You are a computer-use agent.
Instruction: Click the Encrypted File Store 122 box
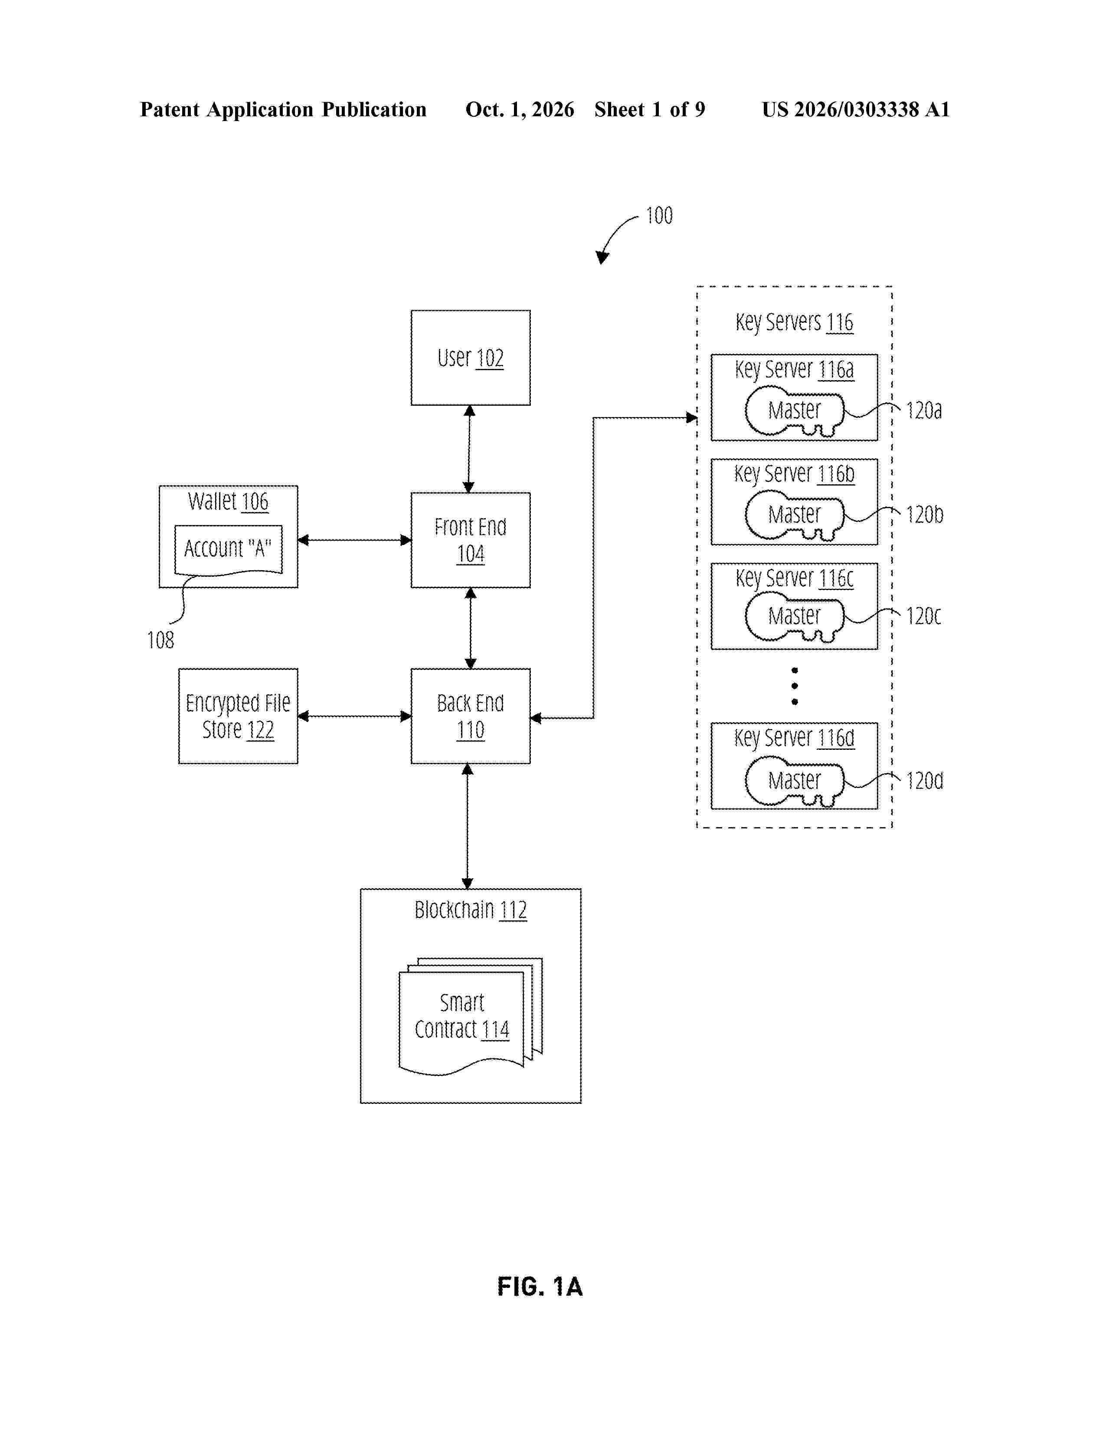click(238, 716)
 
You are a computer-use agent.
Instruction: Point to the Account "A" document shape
click(228, 549)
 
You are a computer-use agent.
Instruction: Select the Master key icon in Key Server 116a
click(794, 411)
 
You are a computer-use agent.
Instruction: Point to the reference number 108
click(160, 640)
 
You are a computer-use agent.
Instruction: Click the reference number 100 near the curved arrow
click(659, 216)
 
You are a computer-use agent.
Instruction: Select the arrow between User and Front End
click(469, 449)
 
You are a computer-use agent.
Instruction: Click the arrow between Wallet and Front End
click(354, 540)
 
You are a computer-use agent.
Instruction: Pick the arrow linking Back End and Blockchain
click(467, 826)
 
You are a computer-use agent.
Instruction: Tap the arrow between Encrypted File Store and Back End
click(354, 716)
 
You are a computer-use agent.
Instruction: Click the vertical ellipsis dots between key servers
click(795, 686)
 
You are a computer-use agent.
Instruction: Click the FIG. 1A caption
click(540, 1287)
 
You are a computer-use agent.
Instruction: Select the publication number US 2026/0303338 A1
click(856, 109)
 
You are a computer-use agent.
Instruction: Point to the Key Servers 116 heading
click(794, 322)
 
